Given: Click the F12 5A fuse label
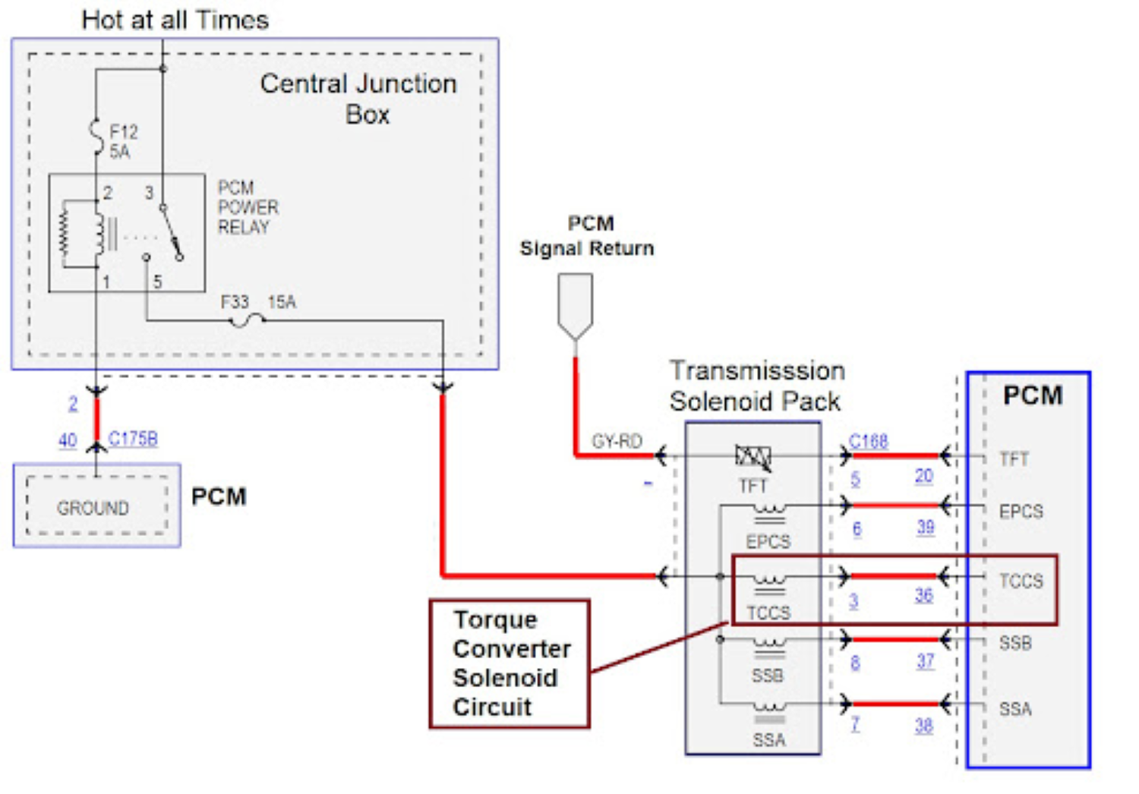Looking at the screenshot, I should click(122, 142).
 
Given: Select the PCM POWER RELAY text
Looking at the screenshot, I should click(247, 207).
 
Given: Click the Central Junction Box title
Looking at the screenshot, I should click(358, 99).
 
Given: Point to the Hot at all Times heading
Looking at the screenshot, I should click(175, 20).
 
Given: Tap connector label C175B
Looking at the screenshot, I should click(133, 439).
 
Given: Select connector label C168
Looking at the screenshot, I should click(868, 441).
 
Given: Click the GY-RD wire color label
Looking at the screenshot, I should click(617, 441).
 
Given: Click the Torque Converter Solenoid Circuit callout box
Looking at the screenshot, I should click(510, 663).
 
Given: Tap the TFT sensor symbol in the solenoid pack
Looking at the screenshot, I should click(752, 457).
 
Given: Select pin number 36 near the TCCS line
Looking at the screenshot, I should click(923, 595).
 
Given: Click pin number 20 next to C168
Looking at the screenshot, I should click(923, 476).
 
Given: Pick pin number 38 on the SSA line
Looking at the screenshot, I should click(923, 726).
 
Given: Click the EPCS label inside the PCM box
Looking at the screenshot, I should click(1021, 512).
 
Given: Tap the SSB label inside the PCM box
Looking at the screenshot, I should click(1015, 644).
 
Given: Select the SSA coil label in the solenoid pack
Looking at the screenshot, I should click(768, 739).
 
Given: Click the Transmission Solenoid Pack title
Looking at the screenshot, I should click(756, 386).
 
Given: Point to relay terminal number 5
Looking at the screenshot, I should click(157, 282).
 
